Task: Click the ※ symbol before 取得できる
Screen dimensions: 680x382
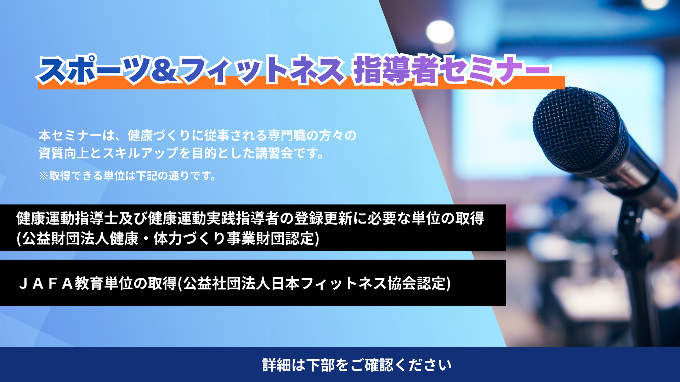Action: [x=44, y=176]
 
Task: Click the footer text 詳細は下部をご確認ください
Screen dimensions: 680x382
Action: [x=357, y=365]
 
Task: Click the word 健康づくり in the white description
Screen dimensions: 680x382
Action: [x=159, y=135]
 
